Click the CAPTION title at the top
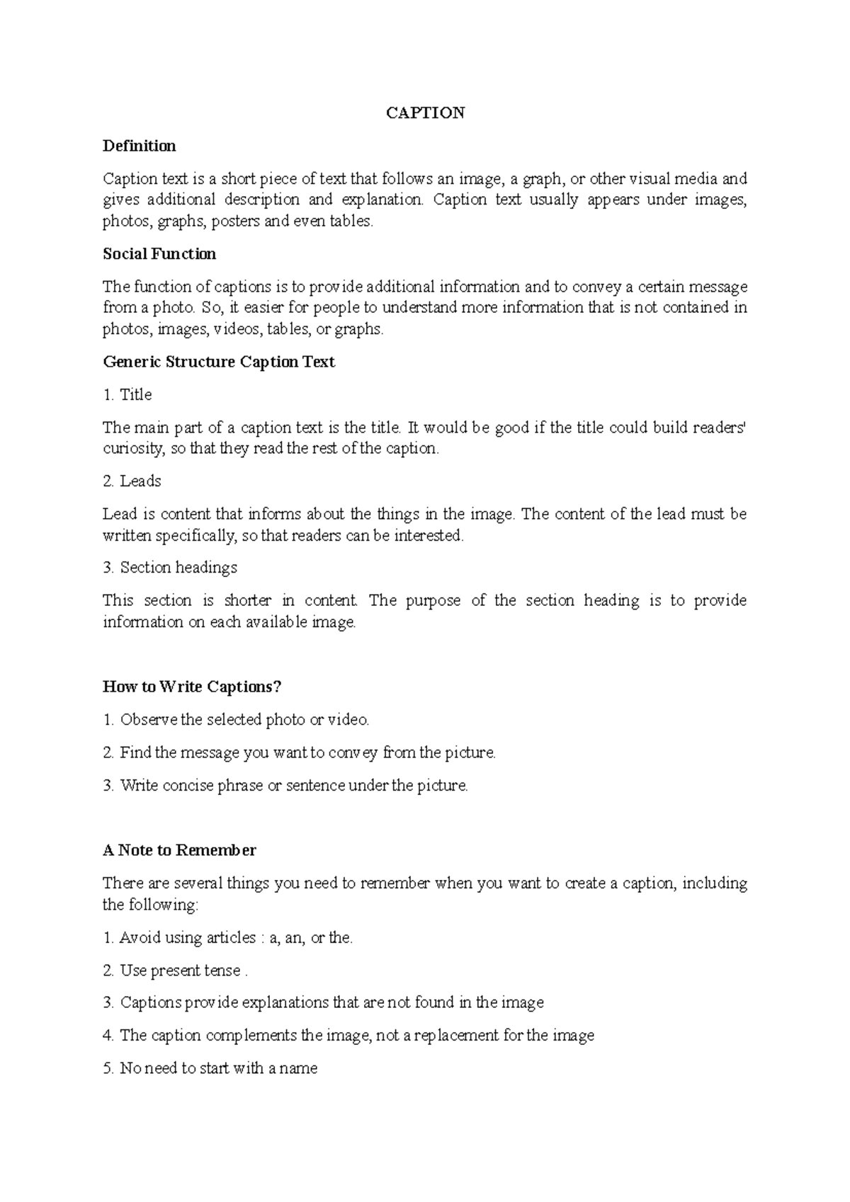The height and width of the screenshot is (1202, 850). [x=425, y=113]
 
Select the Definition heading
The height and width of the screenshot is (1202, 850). [x=140, y=146]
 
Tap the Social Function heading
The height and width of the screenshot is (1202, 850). [x=159, y=253]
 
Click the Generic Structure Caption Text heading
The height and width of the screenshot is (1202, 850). [x=219, y=362]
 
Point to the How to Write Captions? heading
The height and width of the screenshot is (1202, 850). [x=193, y=687]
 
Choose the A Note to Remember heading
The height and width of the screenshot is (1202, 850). [x=179, y=849]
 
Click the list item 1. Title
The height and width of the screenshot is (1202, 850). [x=127, y=394]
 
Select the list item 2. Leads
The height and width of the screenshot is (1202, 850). [x=132, y=481]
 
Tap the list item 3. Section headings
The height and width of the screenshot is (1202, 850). [x=170, y=567]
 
